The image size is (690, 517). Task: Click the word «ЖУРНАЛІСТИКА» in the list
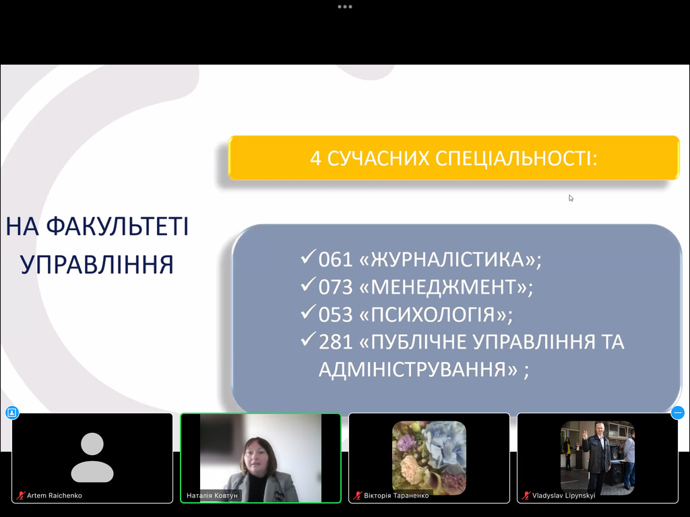(448, 259)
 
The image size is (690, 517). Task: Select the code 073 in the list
(336, 287)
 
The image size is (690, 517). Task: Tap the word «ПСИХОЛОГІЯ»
(433, 315)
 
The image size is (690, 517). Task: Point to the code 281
(336, 342)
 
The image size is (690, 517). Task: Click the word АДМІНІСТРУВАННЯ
(418, 370)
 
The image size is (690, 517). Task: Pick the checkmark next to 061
(309, 256)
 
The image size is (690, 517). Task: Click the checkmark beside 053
(309, 311)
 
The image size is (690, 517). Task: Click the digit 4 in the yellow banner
(315, 159)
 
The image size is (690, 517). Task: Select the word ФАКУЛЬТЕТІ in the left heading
(117, 226)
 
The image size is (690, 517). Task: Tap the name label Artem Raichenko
(54, 495)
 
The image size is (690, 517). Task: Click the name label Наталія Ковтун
(212, 495)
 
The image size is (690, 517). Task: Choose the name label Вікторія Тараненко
(396, 495)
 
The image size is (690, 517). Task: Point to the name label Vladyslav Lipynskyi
(564, 495)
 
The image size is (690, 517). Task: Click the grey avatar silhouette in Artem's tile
(92, 457)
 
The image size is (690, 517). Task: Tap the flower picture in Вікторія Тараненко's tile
(429, 458)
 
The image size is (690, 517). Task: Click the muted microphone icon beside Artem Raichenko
(20, 495)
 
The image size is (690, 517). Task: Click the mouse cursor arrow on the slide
(571, 199)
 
